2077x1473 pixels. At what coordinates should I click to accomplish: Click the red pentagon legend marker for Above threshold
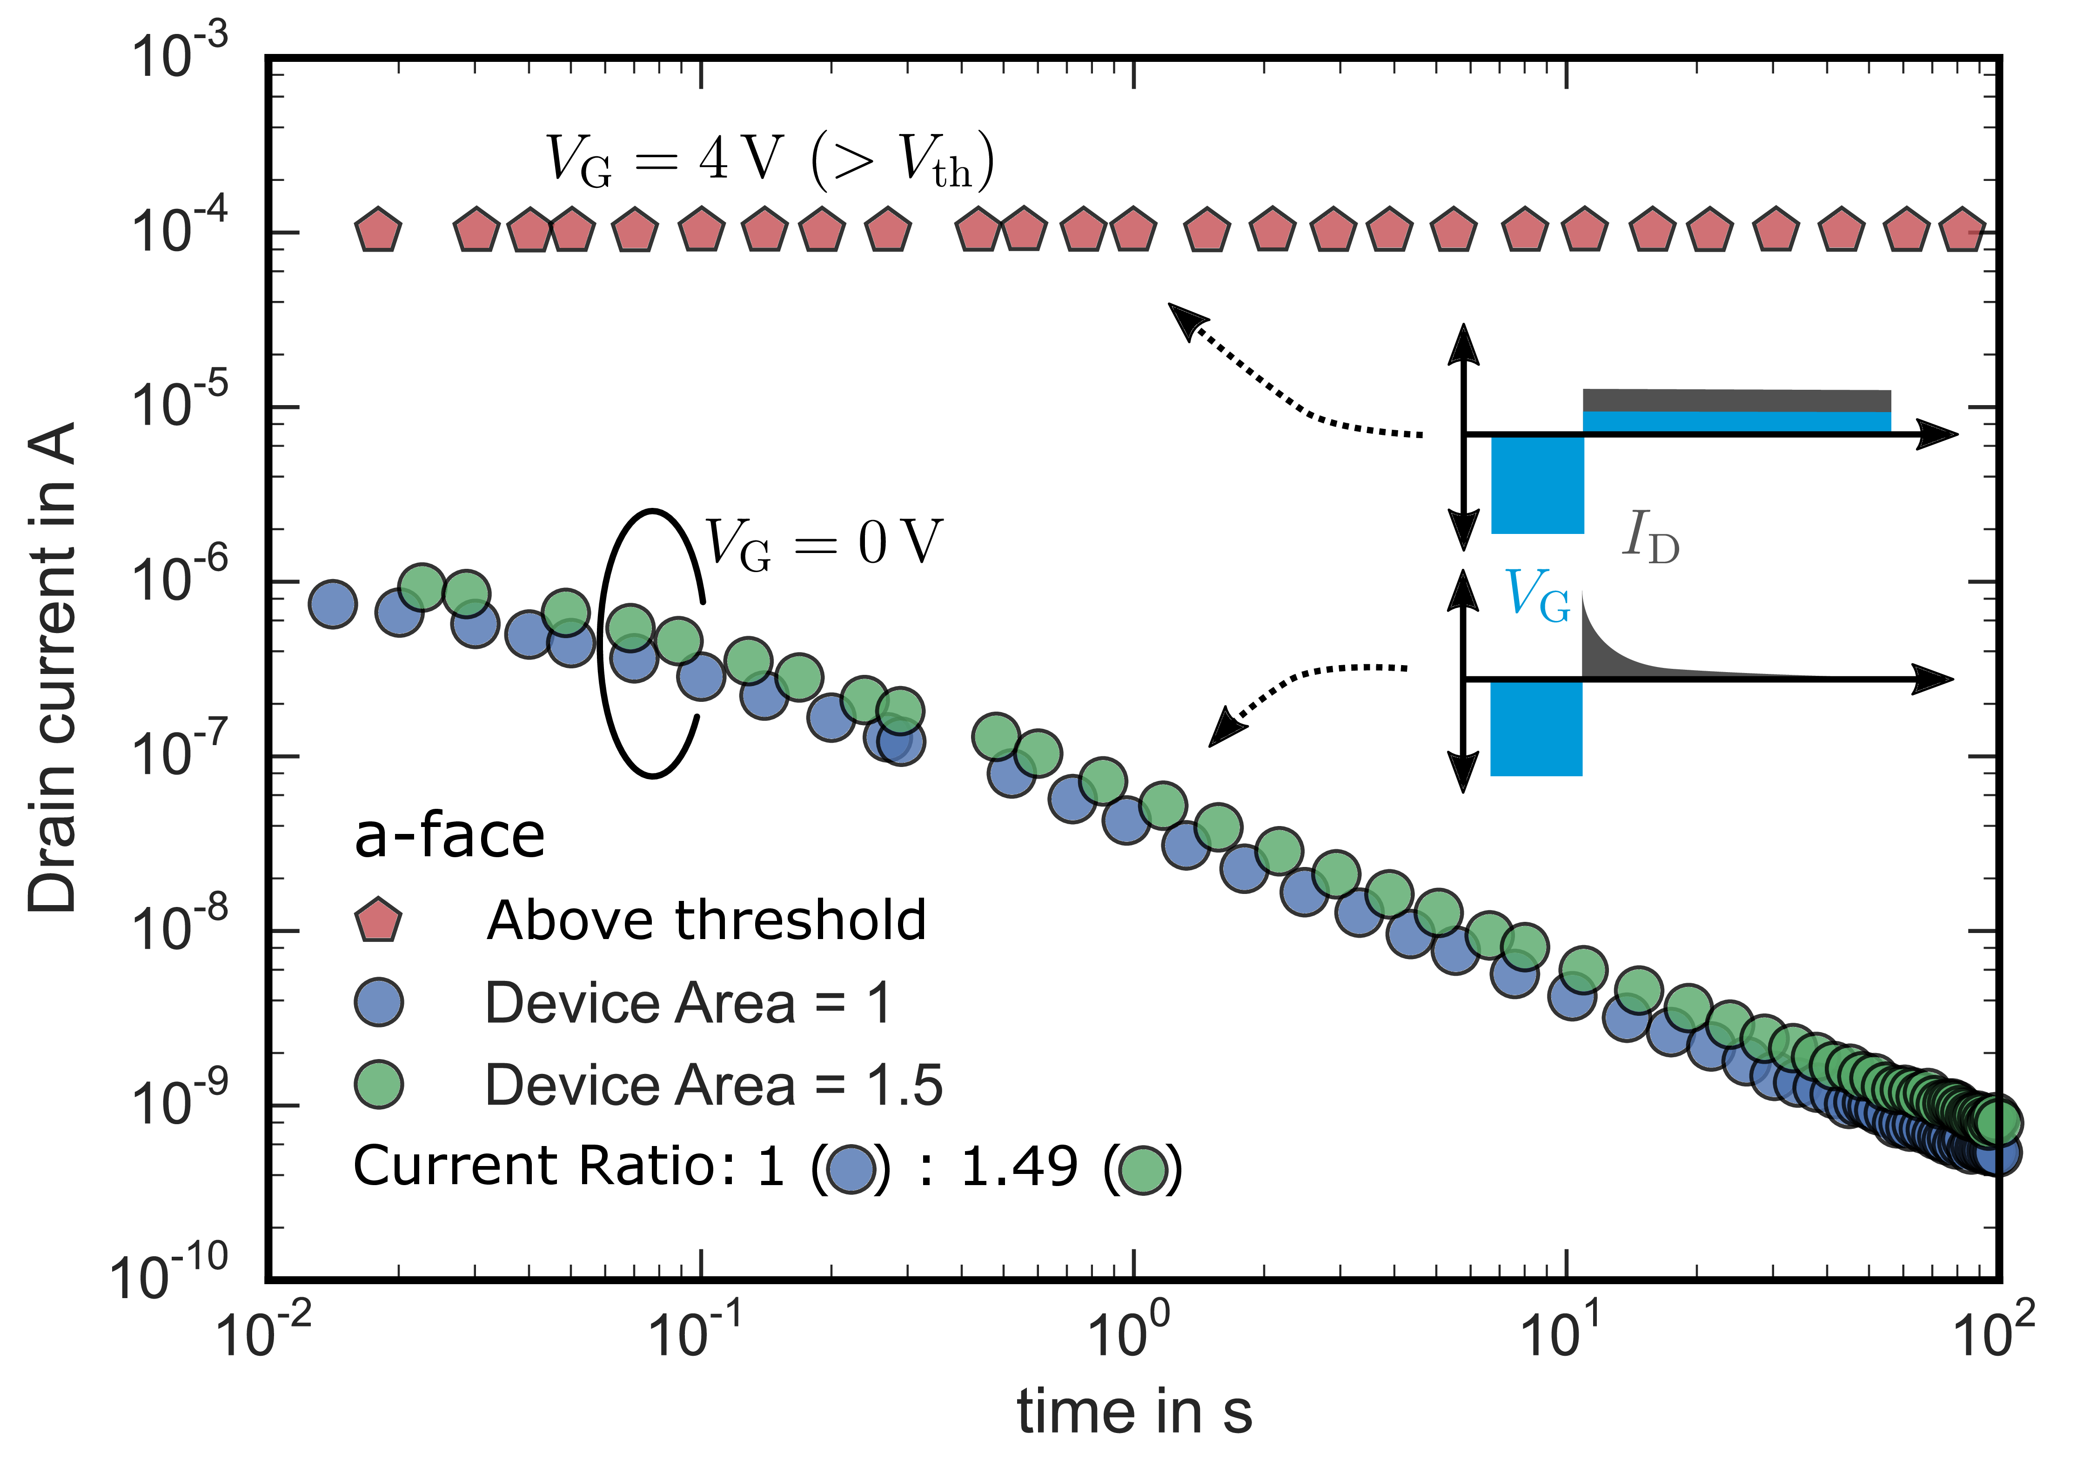377,920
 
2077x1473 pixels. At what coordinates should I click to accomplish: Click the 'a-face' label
449,836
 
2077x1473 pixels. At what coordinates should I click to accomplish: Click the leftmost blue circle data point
333,604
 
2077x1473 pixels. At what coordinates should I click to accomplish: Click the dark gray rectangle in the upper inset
1736,400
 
